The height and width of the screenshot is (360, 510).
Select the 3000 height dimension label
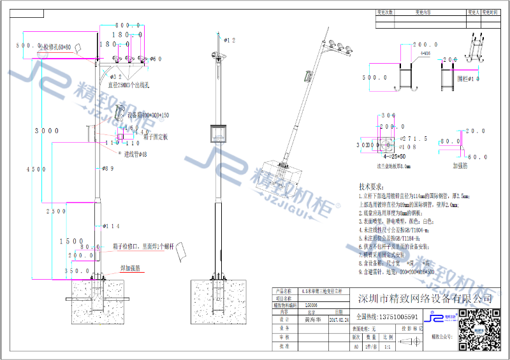(47, 130)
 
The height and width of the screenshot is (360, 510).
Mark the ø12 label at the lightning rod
(229, 40)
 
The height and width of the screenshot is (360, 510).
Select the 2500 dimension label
(56, 211)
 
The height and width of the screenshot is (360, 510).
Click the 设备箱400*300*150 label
(149, 115)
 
